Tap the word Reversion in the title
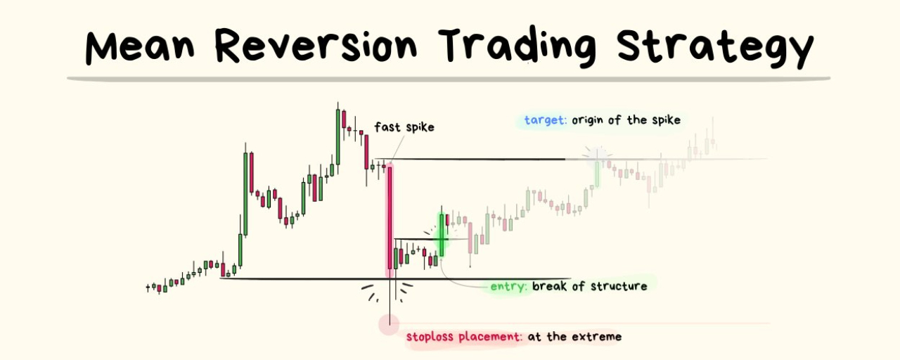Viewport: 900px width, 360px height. coord(316,44)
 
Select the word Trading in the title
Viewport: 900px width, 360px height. coord(517,46)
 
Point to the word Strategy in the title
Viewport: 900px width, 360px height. coord(716,46)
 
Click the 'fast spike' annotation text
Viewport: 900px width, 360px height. coord(404,127)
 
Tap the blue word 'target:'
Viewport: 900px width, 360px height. coord(545,120)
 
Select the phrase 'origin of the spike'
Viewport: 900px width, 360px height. coord(626,120)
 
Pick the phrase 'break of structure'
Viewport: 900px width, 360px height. coord(590,286)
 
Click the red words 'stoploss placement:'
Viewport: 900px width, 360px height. coord(464,336)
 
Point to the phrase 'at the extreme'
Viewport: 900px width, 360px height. coord(574,336)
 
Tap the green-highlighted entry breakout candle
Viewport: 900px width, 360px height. coord(442,235)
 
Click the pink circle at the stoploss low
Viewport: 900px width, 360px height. coord(389,324)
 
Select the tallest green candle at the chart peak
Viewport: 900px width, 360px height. coord(338,136)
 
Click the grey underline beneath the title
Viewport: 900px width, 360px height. coord(449,79)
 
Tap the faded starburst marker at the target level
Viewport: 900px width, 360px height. coord(597,155)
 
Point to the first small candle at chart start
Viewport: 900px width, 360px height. coord(148,288)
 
